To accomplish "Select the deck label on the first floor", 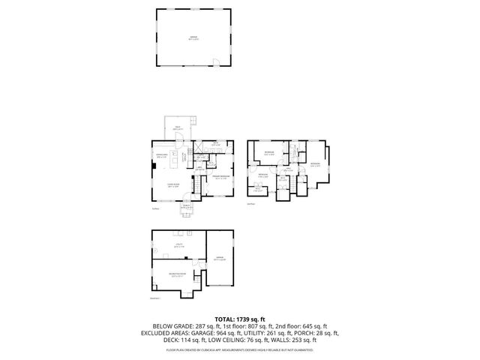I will click(178, 129).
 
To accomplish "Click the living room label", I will click(172, 185).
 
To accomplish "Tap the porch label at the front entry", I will click(185, 208).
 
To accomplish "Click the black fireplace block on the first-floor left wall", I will click(154, 160).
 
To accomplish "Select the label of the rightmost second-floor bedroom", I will click(315, 164).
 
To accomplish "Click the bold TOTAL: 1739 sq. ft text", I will click(239, 319).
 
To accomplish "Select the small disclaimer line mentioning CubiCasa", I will click(239, 349).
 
